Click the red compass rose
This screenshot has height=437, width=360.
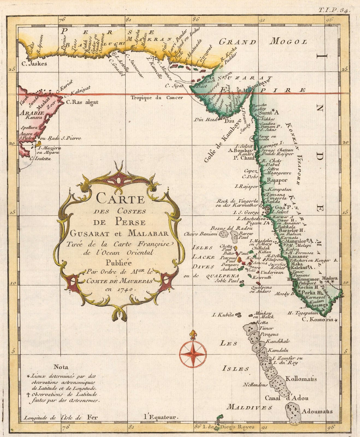tap(193, 354)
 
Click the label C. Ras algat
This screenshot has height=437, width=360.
tap(82, 102)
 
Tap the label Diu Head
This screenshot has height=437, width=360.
tap(206, 119)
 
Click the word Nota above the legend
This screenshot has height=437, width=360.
tap(61, 367)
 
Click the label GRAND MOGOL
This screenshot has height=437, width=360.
tap(263, 42)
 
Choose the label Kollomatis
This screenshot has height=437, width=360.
tap(301, 379)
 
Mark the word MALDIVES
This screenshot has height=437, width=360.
tap(250, 407)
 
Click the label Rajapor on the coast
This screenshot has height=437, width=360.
tap(277, 180)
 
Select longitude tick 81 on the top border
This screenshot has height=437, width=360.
tap(128, 20)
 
